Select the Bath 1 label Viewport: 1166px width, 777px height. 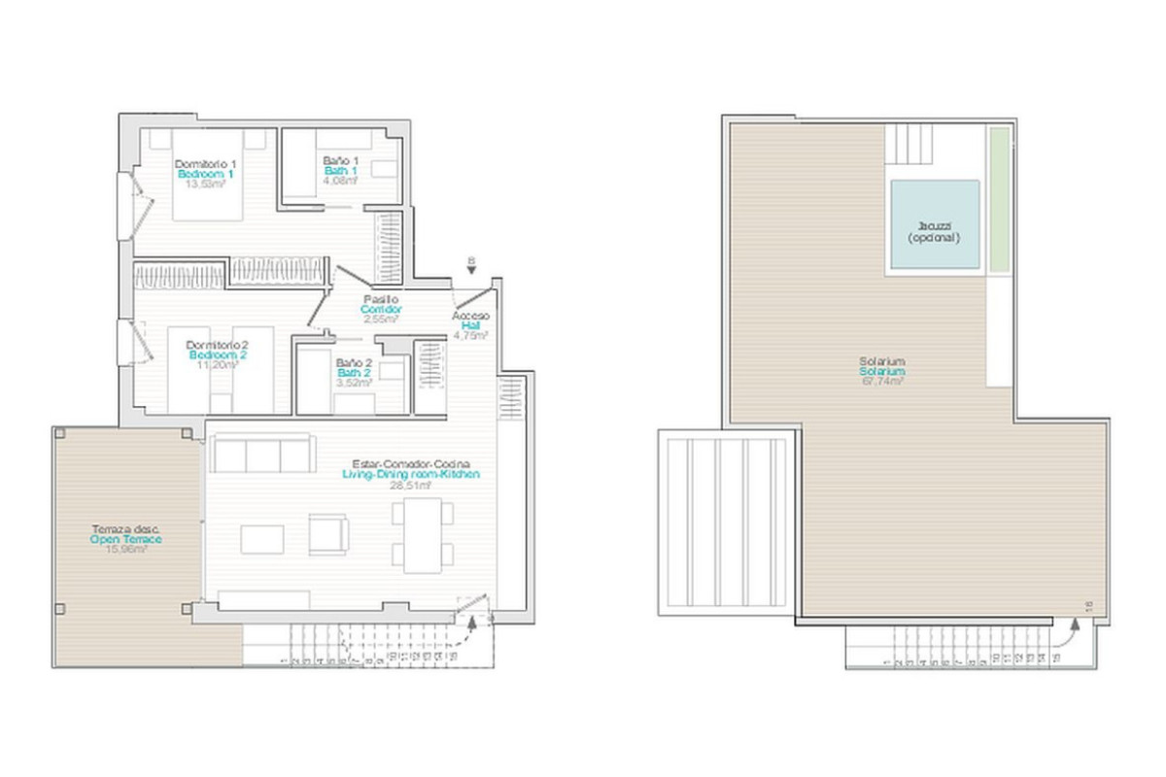pyautogui.click(x=341, y=170)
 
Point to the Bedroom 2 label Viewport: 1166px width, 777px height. pyautogui.click(x=220, y=355)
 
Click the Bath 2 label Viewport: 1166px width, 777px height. pyautogui.click(x=354, y=373)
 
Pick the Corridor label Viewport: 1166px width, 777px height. pyautogui.click(x=380, y=309)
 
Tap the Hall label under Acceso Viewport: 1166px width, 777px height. pyautogui.click(x=471, y=326)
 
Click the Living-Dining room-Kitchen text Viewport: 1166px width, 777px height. pyautogui.click(x=411, y=474)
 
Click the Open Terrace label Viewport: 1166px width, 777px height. pyautogui.click(x=125, y=539)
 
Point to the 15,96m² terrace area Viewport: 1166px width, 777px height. pyautogui.click(x=125, y=549)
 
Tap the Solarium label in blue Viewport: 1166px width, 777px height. pyautogui.click(x=882, y=372)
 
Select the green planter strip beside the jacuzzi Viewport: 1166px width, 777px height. pyautogui.click(x=999, y=199)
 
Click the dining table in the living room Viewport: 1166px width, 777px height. pyautogui.click(x=423, y=535)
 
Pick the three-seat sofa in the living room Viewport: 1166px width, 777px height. pyautogui.click(x=262, y=455)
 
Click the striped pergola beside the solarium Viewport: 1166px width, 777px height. pyautogui.click(x=728, y=524)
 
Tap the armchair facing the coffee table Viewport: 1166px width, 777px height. pyautogui.click(x=328, y=535)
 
